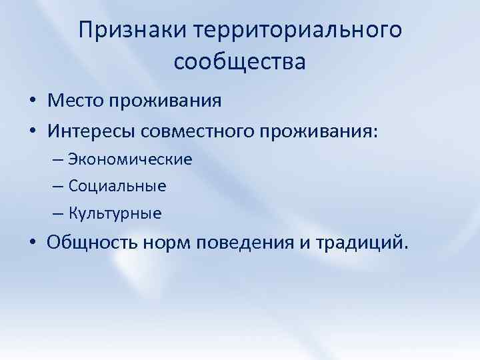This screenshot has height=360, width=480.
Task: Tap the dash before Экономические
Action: [x=57, y=160]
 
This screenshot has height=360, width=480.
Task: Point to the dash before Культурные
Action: [x=57, y=214]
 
